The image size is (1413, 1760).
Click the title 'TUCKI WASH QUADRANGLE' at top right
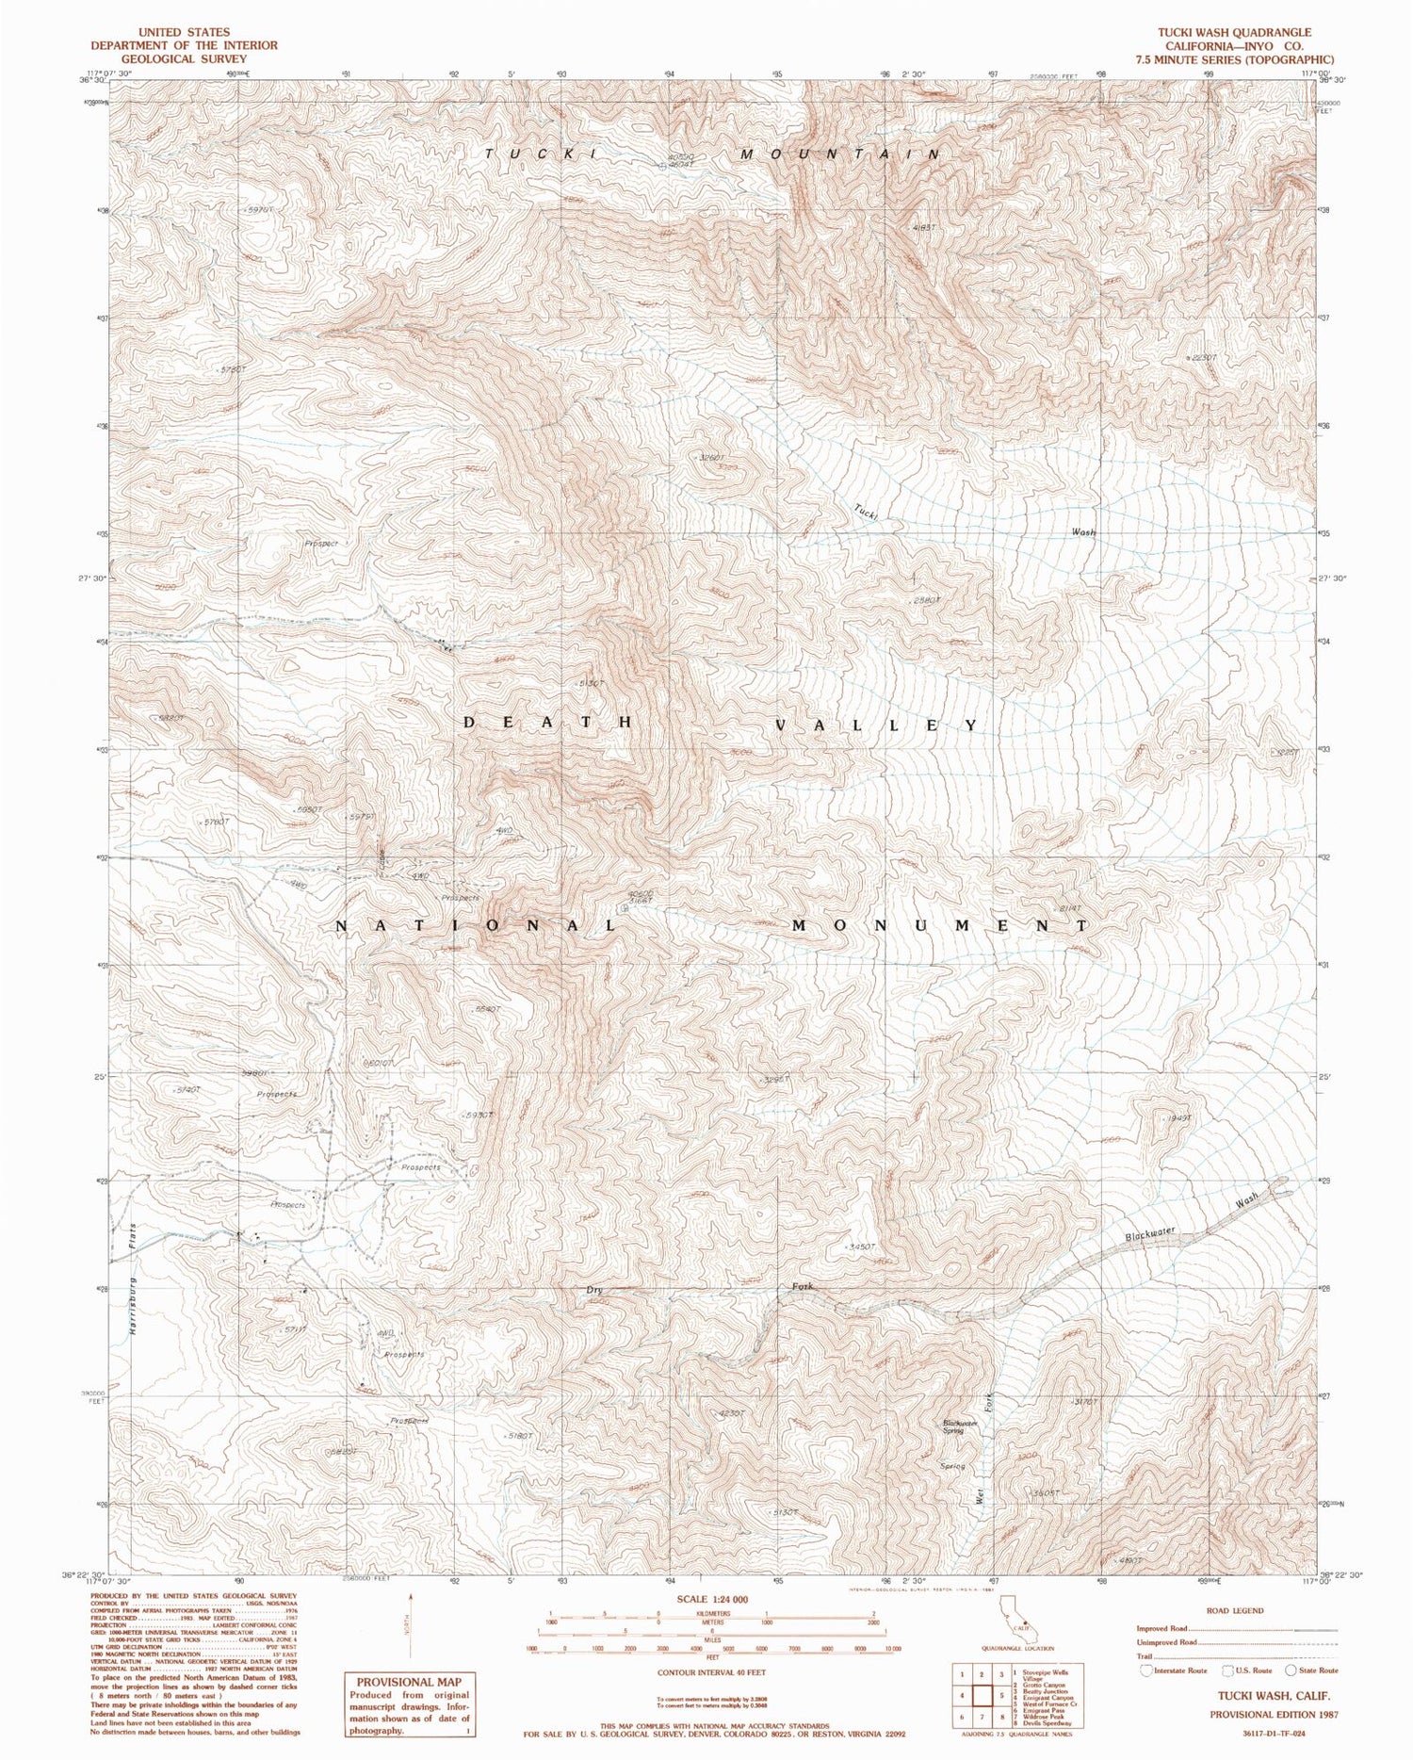tap(1234, 32)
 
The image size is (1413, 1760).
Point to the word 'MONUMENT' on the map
tap(939, 926)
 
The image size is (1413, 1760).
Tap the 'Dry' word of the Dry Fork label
tap(594, 1290)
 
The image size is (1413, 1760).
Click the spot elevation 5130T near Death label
tap(586, 683)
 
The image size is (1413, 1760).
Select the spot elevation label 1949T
tap(1179, 1117)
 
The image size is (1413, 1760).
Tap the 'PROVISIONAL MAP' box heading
tap(408, 1680)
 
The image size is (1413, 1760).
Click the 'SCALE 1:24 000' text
tap(712, 1600)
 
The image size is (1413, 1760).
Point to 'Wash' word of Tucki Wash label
tap(1083, 532)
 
